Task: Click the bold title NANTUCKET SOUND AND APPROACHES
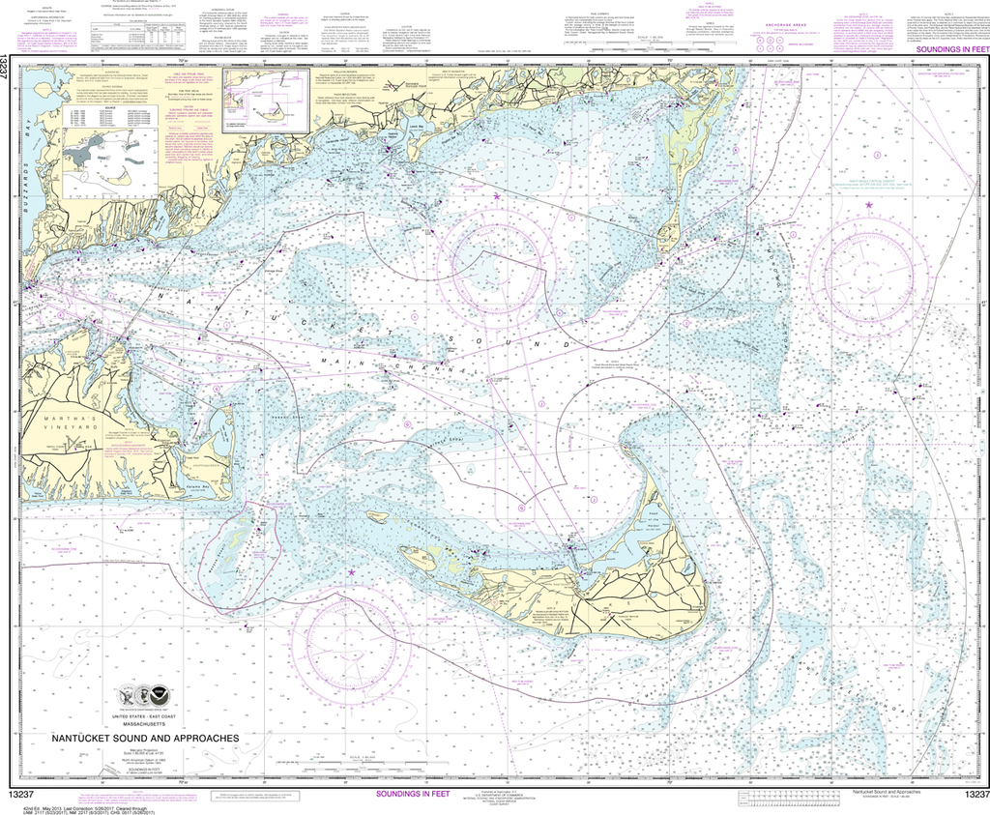coord(145,739)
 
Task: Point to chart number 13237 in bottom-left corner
coord(24,794)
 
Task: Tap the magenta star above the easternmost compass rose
coord(869,205)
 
